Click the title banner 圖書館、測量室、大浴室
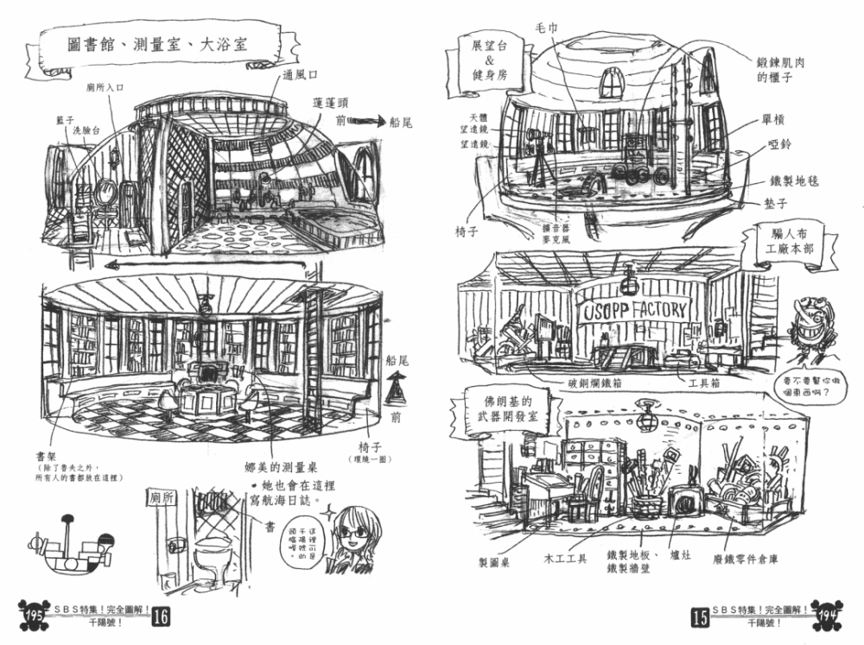[157, 44]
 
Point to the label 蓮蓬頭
[332, 103]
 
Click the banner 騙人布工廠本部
[780, 239]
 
